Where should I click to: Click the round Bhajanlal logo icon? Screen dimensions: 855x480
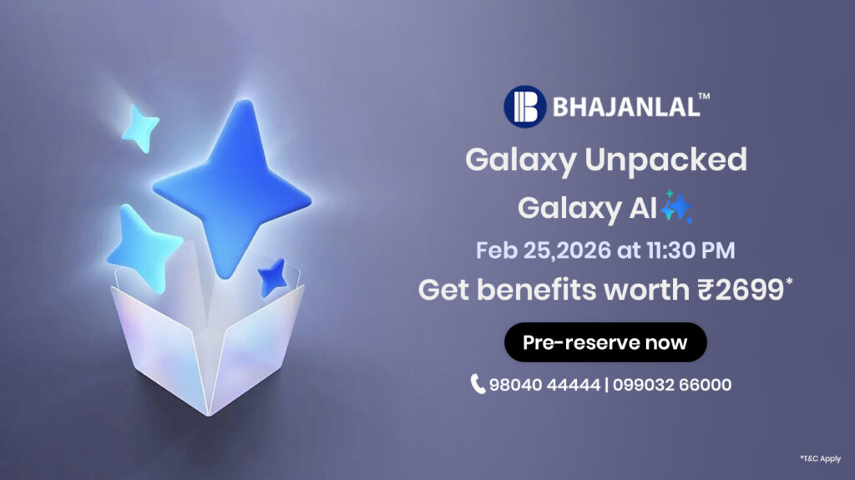(x=524, y=106)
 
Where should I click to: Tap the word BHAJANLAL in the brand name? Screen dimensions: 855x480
(x=626, y=107)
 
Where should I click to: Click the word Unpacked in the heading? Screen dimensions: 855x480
(x=665, y=159)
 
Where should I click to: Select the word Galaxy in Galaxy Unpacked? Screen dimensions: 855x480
(x=521, y=160)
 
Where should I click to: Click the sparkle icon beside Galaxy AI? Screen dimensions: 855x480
(x=676, y=207)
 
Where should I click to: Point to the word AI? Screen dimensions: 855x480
(x=644, y=208)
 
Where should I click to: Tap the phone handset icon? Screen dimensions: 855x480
(x=477, y=384)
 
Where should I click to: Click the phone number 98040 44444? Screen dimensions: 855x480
(x=544, y=385)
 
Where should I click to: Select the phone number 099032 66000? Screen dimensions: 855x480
(x=672, y=385)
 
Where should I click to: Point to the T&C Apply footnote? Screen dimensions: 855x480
(x=821, y=459)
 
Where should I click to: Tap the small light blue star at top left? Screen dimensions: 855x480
(x=140, y=129)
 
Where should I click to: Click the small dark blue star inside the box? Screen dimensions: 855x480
(x=273, y=278)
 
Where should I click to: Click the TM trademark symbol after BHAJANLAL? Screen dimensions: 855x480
(x=704, y=97)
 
